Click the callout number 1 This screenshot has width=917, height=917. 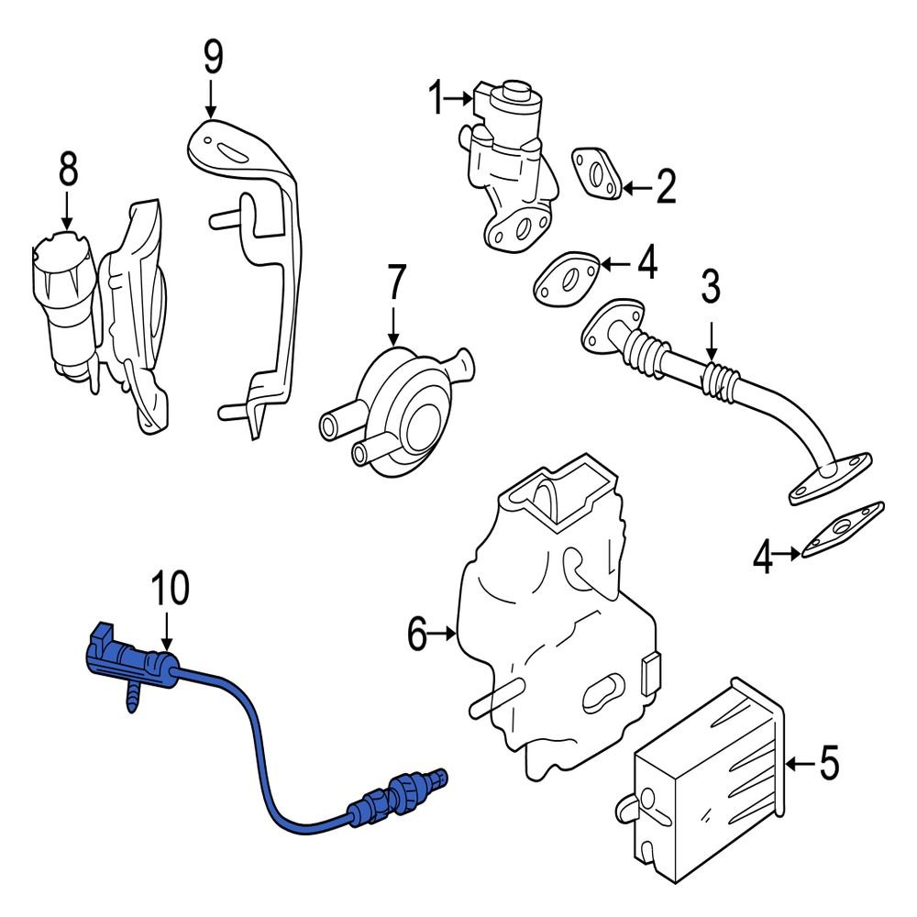tap(437, 96)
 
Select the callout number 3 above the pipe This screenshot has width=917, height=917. tap(712, 287)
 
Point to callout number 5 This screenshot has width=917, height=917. tap(828, 763)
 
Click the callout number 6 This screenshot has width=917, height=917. tap(418, 634)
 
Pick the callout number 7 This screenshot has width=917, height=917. tap(394, 284)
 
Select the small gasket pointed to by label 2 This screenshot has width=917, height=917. tap(597, 173)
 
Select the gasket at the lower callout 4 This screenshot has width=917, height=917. tap(843, 531)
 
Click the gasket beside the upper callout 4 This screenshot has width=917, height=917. tap(567, 280)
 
